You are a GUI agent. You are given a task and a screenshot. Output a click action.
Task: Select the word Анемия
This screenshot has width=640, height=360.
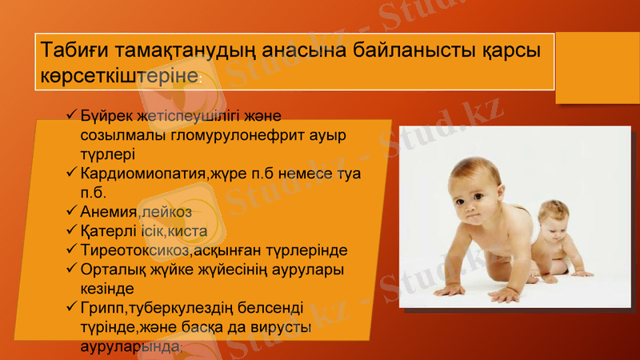pos(108,212)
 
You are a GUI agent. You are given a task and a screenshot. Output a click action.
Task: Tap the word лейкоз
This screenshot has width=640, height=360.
pos(166,212)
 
